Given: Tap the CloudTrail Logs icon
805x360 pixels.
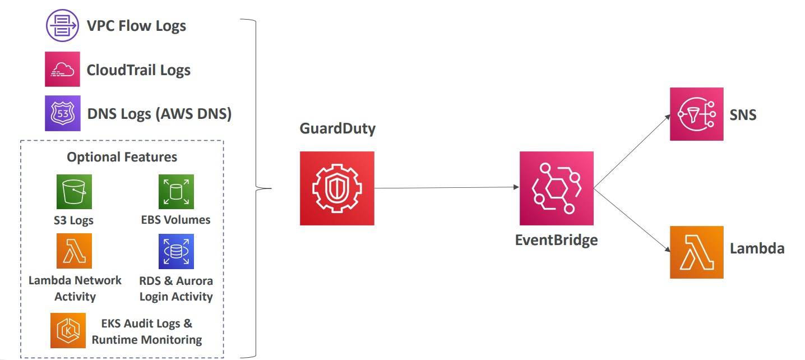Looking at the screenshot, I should [62, 70].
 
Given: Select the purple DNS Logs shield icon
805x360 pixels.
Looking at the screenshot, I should [62, 113].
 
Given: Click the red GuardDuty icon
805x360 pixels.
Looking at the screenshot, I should [337, 188].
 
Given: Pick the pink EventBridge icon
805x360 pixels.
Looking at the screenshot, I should [556, 188].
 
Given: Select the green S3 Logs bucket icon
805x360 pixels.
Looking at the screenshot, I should [74, 192].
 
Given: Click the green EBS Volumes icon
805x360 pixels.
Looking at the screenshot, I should [176, 192].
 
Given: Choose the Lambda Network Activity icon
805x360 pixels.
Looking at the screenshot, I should [74, 251].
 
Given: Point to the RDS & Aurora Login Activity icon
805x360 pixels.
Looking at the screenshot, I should [176, 251].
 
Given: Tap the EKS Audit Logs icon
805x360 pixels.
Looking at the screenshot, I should [68, 330].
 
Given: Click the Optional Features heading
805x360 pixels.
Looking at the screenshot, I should [122, 157].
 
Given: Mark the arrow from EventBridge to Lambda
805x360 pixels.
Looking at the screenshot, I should [632, 220].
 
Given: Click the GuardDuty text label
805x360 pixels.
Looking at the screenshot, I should [337, 128].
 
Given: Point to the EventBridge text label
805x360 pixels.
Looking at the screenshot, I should [556, 241].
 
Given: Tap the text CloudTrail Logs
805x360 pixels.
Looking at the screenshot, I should [138, 70].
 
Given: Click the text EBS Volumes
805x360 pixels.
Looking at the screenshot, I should [176, 220].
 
